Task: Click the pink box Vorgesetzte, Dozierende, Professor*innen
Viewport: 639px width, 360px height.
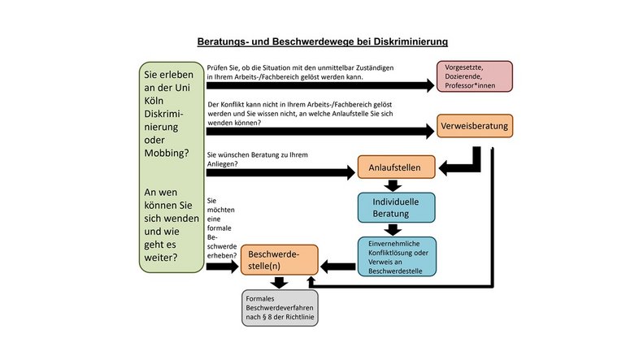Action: [474, 76]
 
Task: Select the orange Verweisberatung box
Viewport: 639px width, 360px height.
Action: [475, 126]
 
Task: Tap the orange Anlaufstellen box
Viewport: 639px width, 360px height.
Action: [396, 167]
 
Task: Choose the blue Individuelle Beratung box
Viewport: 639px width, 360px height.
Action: [396, 207]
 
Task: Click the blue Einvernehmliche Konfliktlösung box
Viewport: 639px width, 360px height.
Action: [397, 257]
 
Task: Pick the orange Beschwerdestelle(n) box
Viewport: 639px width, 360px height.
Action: [279, 260]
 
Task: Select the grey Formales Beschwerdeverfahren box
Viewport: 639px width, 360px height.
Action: [280, 308]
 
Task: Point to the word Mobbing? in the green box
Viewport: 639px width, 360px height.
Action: [167, 153]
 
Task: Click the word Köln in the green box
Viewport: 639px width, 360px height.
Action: [154, 101]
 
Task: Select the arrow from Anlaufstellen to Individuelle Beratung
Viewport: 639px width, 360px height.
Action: [393, 185]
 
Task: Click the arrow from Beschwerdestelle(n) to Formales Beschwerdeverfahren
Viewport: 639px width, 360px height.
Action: [279, 282]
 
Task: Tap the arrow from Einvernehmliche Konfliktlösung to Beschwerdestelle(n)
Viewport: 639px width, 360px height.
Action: [338, 267]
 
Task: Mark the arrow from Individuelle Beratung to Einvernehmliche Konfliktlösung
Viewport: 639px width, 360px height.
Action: [393, 229]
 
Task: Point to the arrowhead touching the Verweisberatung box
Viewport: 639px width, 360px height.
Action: [430, 131]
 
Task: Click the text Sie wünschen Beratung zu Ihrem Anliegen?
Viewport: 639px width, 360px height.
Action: [257, 159]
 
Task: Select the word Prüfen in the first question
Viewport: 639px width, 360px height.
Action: [217, 68]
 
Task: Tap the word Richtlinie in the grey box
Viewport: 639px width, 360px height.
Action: [299, 317]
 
